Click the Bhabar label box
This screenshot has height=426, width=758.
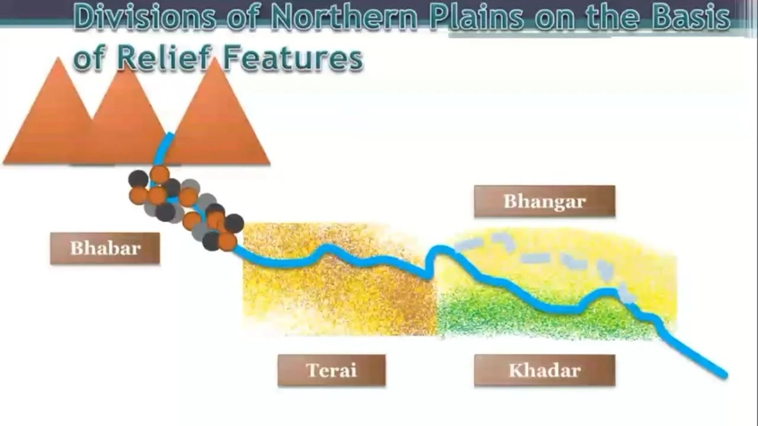click(105, 248)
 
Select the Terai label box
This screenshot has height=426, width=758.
click(332, 370)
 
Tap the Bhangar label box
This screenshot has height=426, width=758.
click(544, 201)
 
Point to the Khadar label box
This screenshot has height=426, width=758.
click(544, 370)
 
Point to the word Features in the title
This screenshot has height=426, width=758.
click(293, 58)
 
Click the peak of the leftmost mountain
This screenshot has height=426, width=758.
click(59, 57)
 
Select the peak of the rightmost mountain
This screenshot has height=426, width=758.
click(215, 58)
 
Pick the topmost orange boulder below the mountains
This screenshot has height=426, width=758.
click(160, 175)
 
